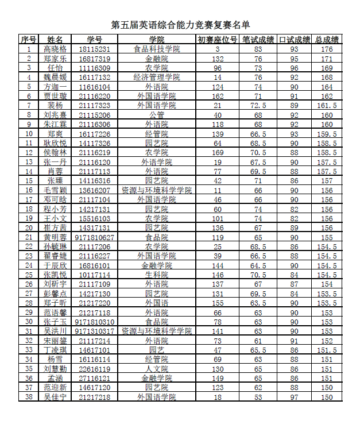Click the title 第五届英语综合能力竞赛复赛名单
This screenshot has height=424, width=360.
click(x=180, y=25)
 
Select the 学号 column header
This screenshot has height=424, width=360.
click(x=94, y=40)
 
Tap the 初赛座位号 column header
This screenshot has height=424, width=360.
click(x=217, y=40)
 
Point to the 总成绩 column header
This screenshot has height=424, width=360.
click(x=327, y=40)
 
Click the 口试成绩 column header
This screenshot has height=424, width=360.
click(x=294, y=40)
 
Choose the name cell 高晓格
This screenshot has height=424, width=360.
click(x=55, y=49)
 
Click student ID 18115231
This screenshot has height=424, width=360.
click(x=94, y=49)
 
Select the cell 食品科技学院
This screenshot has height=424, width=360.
click(x=156, y=49)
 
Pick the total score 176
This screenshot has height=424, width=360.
click(x=327, y=49)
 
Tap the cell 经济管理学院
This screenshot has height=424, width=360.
click(x=156, y=77)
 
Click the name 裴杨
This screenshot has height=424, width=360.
click(x=55, y=105)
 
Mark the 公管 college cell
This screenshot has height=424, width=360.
click(x=156, y=115)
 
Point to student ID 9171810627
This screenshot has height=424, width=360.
click(x=94, y=237)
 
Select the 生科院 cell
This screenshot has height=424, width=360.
click(x=156, y=275)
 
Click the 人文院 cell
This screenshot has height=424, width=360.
click(x=156, y=369)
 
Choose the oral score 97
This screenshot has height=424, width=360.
click(x=294, y=397)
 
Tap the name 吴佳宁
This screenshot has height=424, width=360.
click(x=55, y=397)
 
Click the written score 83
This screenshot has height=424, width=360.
click(x=258, y=49)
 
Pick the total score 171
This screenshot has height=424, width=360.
click(x=327, y=59)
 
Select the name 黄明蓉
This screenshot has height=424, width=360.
click(x=55, y=237)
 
